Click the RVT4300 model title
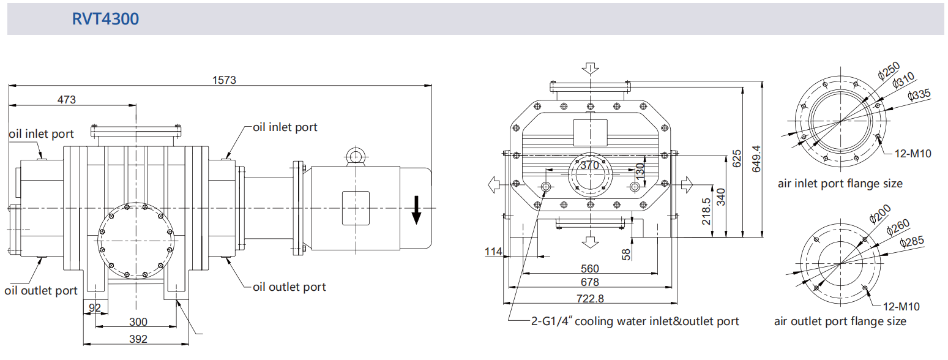pos(105,18)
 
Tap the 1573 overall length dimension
pos(224,80)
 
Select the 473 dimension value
pos(67,100)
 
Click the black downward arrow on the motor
pos(416,210)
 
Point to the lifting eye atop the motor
pos(356,156)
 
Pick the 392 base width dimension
pos(138,339)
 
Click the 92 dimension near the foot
pos(95,307)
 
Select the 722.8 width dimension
pos(590,299)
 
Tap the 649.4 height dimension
pos(756,159)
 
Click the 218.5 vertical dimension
pos(706,211)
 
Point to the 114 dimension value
pos(493,252)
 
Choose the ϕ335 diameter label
pos(919,94)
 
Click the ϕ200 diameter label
pos(880,214)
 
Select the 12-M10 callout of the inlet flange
pos(913,154)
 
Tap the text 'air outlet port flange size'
pos(840,321)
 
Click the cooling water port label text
pos(635,321)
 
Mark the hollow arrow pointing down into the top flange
pos(590,69)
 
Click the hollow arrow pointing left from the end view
pos(495,185)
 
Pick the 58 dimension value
pos(626,254)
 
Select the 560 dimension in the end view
pos(590,269)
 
